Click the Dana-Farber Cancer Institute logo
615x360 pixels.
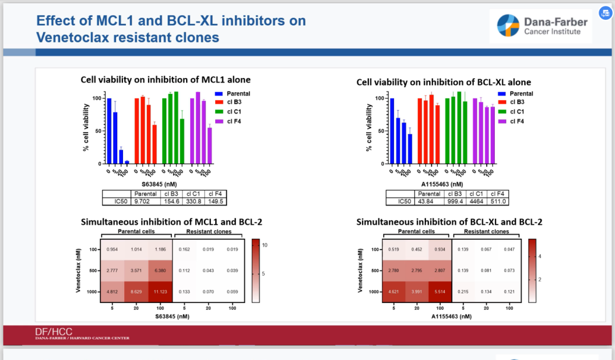click(540, 26)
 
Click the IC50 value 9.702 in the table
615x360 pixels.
click(141, 201)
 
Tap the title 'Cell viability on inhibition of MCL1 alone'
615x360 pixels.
click(166, 80)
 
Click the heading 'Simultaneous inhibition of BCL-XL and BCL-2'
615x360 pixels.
click(449, 222)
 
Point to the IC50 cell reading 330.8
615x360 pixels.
click(194, 201)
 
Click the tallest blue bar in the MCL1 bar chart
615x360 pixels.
click(109, 131)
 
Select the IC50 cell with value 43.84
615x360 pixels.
click(425, 201)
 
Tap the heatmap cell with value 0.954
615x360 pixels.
click(112, 249)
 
